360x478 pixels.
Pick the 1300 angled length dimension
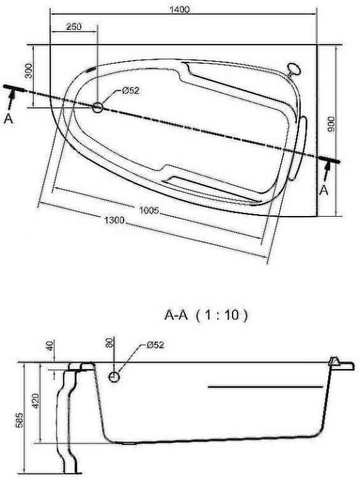click(x=114, y=221)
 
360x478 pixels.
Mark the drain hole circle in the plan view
click(x=97, y=108)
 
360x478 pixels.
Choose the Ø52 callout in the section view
click(x=155, y=345)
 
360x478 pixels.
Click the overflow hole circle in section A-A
click(x=113, y=377)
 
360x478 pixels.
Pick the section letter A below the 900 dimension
click(x=324, y=189)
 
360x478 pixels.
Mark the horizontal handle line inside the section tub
click(x=265, y=386)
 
